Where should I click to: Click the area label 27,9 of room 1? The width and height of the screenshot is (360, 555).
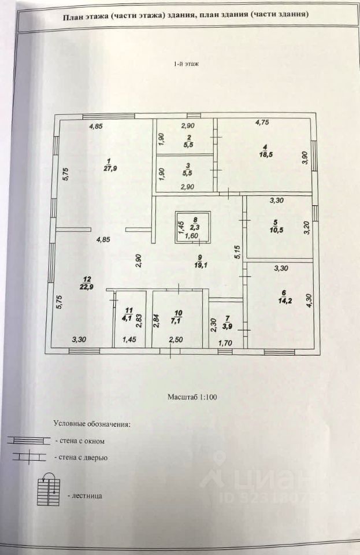(111, 168)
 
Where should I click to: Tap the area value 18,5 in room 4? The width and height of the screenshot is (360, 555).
(266, 154)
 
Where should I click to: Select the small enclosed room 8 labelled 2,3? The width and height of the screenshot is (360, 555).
(193, 227)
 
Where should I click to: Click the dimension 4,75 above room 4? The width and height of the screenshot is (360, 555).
(262, 123)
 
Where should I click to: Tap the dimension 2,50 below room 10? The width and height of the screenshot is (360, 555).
(176, 340)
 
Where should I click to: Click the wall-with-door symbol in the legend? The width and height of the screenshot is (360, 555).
(29, 457)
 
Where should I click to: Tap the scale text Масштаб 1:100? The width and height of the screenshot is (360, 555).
(192, 397)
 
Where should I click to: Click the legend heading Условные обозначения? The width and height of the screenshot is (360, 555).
(92, 424)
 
